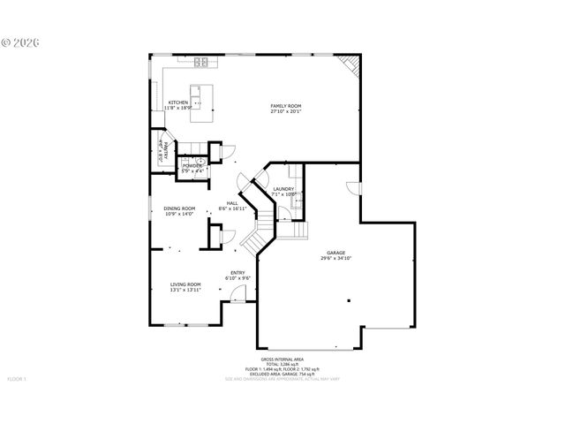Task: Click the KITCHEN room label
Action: pos(177,102)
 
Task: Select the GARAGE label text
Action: pos(335,254)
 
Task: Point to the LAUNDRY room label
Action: pos(283,189)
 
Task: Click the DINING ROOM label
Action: pos(179,208)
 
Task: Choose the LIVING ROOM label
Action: pos(185,284)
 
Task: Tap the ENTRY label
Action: pos(237,272)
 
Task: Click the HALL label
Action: pos(232,203)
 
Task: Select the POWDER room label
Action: pos(192,166)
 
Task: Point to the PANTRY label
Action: pos(160,152)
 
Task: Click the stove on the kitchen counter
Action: pos(200,62)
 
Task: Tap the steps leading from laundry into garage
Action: pos(300,230)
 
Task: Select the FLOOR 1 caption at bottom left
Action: pos(18,379)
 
